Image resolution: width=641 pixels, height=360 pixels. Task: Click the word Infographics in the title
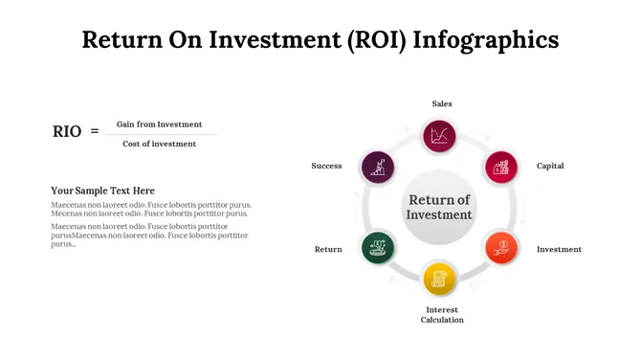(x=494, y=39)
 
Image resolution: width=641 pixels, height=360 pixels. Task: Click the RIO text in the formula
(x=67, y=132)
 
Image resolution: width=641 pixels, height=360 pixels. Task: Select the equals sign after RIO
(x=95, y=131)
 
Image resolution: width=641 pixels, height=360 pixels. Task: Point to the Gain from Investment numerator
(x=159, y=124)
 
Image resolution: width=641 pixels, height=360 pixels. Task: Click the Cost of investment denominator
(x=159, y=144)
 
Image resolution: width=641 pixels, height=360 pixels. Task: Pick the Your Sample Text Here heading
(x=102, y=191)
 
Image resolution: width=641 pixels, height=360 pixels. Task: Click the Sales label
(x=441, y=103)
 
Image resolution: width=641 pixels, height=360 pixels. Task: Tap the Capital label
(x=550, y=166)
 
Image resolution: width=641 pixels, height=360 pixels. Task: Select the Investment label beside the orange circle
(x=559, y=249)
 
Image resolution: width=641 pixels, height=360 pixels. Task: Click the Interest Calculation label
(x=441, y=315)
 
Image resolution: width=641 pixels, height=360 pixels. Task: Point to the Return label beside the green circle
(x=328, y=249)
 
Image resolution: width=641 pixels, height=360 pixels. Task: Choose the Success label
(x=326, y=166)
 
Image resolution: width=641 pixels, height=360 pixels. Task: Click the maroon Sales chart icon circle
(x=440, y=135)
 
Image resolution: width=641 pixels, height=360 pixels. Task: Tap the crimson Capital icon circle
(x=500, y=167)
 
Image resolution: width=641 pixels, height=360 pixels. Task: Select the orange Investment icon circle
(x=500, y=247)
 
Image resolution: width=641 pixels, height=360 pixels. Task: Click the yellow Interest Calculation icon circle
(x=440, y=279)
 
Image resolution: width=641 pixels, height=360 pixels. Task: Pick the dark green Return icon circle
(x=378, y=247)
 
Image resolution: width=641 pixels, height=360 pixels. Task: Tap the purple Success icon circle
(x=379, y=167)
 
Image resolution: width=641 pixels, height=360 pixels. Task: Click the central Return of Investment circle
(x=440, y=207)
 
